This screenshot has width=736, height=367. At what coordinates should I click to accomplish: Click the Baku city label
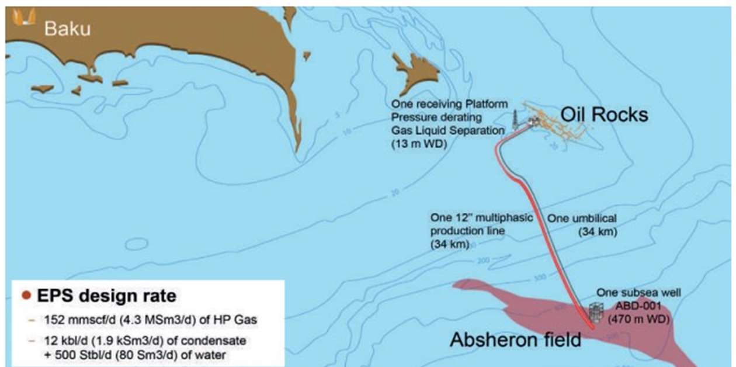pyautogui.click(x=67, y=28)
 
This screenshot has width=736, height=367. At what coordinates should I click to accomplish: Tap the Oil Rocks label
pyautogui.click(x=604, y=115)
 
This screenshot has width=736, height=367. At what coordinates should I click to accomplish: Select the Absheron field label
pyautogui.click(x=515, y=339)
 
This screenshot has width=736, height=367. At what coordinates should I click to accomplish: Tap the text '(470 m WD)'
pyautogui.click(x=638, y=319)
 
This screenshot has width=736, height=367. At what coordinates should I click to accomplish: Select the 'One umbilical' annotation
pyautogui.click(x=581, y=218)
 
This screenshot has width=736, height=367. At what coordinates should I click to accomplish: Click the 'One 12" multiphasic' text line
pyautogui.click(x=481, y=218)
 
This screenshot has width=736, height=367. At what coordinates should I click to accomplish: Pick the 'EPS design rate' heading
pyautogui.click(x=106, y=296)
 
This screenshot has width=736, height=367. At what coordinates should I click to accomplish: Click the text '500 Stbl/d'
pyautogui.click(x=77, y=352)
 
